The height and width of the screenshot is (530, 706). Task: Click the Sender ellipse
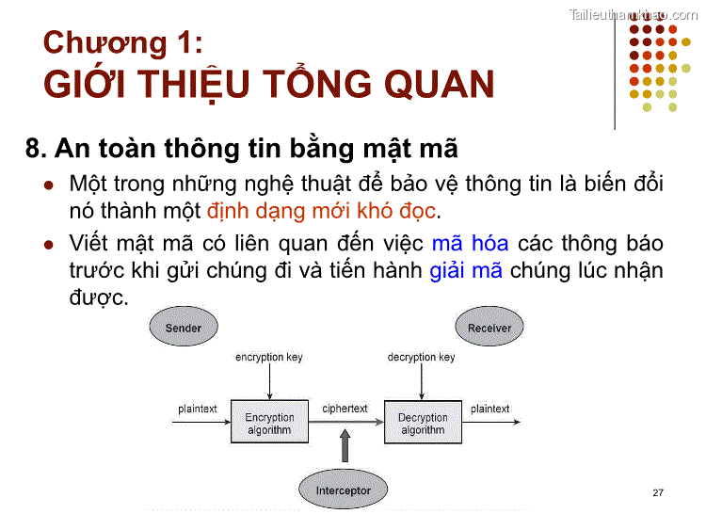coord(183,328)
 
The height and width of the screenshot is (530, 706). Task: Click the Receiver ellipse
coord(489,328)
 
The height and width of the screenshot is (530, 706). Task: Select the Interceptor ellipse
coord(343,490)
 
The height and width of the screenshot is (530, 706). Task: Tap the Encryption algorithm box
coord(269,423)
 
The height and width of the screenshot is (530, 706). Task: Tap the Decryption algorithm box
coord(423,423)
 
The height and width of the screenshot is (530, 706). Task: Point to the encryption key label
coord(269,358)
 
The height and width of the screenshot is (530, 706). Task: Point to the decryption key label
coord(421,358)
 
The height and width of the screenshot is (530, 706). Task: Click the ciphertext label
coord(345,410)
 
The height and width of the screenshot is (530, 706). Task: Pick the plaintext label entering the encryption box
coord(198,409)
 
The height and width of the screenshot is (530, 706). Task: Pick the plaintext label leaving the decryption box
coord(489,409)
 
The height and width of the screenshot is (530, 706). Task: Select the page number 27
coord(657,493)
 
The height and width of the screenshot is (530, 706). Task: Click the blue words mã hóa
coord(470,244)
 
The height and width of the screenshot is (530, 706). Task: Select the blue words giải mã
coord(466,271)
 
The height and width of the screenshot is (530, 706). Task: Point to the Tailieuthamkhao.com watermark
coord(632,13)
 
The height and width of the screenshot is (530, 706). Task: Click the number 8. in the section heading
coord(36,148)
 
